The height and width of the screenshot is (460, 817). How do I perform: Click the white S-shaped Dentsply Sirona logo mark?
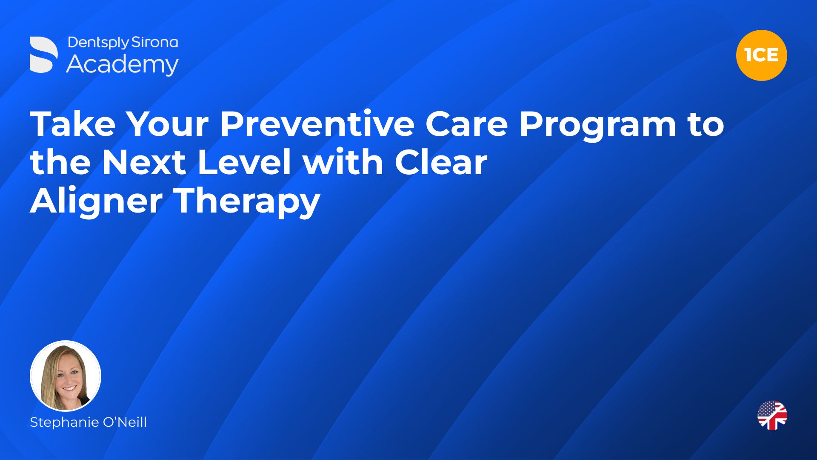[44, 55]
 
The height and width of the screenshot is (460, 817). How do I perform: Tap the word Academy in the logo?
[123, 65]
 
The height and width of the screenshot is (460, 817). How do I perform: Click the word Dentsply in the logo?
[98, 43]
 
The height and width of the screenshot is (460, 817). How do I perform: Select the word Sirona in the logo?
[154, 42]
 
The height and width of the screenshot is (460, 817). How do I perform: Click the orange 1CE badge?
[761, 55]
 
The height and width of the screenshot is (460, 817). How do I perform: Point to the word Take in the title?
[73, 124]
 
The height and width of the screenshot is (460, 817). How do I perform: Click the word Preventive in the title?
[317, 124]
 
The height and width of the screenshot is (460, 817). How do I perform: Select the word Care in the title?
[466, 124]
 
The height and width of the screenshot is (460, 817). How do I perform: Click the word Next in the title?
[144, 162]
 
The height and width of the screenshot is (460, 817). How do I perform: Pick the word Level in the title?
[245, 162]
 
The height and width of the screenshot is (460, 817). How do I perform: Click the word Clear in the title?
[441, 162]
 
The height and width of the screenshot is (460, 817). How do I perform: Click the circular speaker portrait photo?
[66, 376]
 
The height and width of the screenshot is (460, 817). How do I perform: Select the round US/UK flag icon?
[772, 415]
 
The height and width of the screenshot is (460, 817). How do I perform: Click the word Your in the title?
[168, 124]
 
